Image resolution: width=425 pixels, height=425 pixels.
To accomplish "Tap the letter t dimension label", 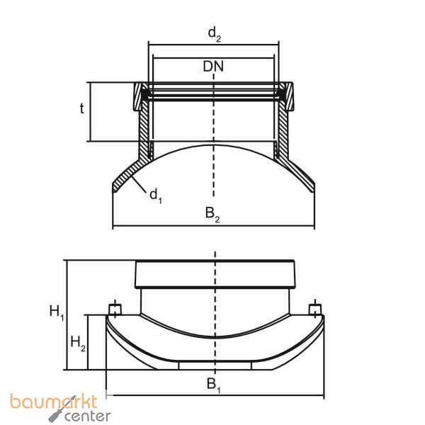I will pyautogui.click(x=81, y=109).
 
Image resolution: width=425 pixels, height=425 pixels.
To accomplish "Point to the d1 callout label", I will pyautogui.click(x=155, y=195).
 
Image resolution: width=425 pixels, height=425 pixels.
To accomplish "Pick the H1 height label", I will pyautogui.click(x=57, y=311).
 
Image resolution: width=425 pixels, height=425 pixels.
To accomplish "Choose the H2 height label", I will pyautogui.click(x=79, y=344).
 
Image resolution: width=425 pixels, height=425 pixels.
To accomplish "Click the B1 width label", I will pyautogui.click(x=213, y=385).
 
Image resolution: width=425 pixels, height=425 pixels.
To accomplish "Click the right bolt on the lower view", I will pyautogui.click(x=314, y=310).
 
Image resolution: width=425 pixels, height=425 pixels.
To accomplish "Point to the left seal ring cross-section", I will pyautogui.click(x=143, y=93).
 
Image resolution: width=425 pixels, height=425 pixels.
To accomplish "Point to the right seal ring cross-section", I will pyautogui.click(x=285, y=93).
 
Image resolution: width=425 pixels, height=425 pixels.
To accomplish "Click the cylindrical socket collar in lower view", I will pyautogui.click(x=214, y=273).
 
